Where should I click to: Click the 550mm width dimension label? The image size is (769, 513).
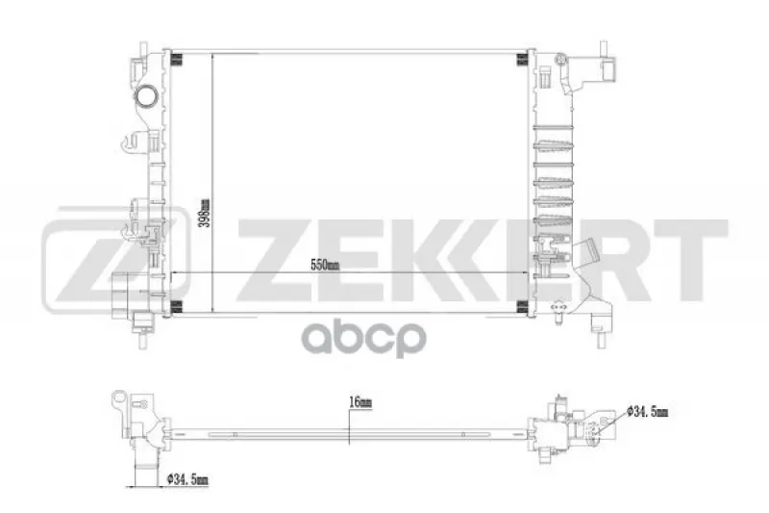(325, 266)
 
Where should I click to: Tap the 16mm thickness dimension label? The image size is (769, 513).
(360, 402)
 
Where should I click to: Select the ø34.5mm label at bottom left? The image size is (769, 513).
(187, 478)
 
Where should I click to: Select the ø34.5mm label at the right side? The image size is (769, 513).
(647, 410)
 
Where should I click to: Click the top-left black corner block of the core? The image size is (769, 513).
(177, 59)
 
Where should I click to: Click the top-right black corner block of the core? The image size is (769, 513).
(522, 59)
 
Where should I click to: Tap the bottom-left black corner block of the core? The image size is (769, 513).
(177, 306)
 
